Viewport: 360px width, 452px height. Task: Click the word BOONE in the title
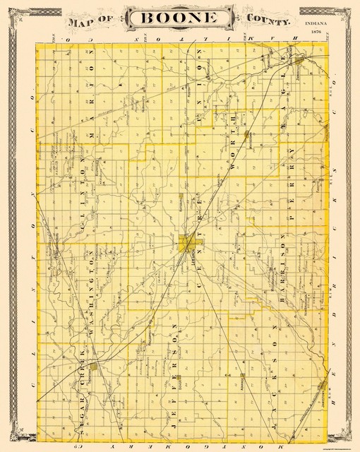tap(180, 19)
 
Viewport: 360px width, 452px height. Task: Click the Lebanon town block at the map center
tap(188, 244)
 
